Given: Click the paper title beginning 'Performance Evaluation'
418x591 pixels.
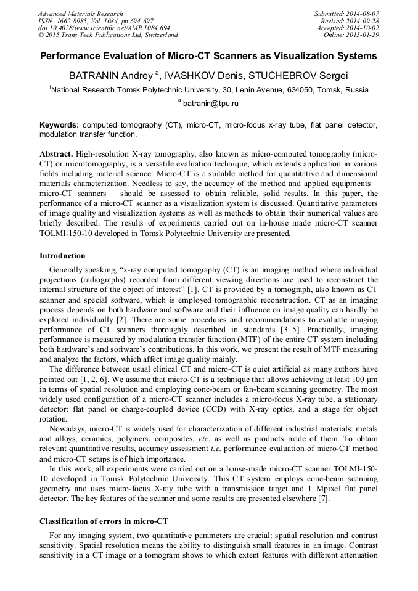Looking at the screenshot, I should (x=208, y=56).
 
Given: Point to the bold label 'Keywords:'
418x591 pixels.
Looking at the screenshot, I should (x=59, y=124).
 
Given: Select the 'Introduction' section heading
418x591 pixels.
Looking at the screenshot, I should (x=62, y=255).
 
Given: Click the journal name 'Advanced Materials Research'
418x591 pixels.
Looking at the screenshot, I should (x=81, y=14).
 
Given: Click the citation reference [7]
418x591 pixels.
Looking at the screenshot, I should (x=322, y=499).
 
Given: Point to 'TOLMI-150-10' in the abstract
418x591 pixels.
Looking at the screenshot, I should (x=67, y=234).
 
